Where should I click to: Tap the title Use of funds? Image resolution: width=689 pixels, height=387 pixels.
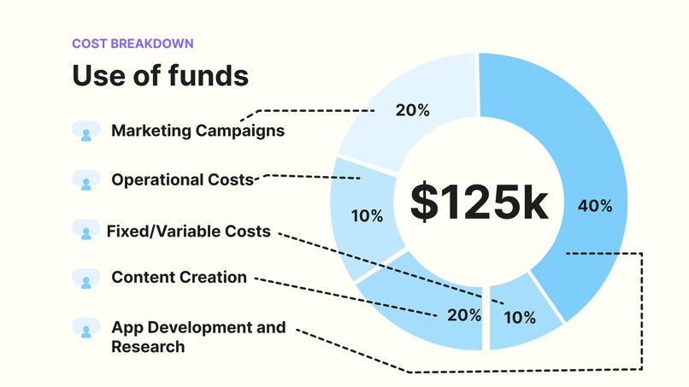click(160, 75)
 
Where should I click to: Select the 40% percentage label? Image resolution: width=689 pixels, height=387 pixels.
click(594, 206)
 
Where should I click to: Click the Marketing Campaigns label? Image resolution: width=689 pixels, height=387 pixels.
click(197, 131)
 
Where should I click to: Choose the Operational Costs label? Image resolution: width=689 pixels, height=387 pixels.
click(183, 179)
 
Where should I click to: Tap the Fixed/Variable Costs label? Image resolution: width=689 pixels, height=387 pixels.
click(188, 231)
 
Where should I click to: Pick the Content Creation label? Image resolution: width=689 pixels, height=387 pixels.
click(179, 278)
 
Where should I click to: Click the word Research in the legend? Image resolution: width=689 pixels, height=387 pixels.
click(148, 347)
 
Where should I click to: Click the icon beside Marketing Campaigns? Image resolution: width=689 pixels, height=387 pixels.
click(85, 131)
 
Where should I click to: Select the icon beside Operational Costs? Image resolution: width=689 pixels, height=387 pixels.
click(85, 179)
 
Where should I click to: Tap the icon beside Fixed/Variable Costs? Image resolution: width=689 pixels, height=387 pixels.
click(85, 229)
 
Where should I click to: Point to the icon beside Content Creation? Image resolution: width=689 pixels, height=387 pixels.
click(85, 278)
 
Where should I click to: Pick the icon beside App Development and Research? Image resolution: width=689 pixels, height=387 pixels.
click(85, 327)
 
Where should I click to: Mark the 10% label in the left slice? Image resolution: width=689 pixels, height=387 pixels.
click(367, 216)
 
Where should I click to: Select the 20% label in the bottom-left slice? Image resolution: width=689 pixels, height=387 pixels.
click(464, 315)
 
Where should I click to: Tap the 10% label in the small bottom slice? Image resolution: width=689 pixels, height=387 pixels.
click(519, 318)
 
